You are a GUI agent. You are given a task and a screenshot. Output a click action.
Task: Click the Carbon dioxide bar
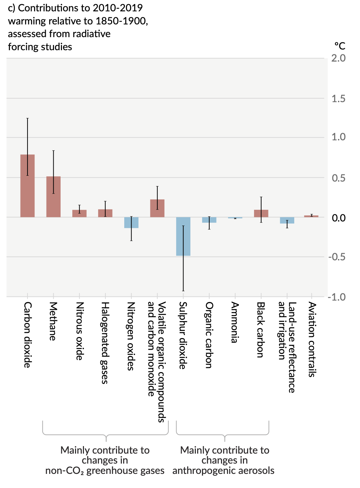[28, 186]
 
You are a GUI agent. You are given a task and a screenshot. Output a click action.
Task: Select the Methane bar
[53, 197]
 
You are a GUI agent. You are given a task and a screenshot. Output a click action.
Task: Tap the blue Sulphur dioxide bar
[183, 236]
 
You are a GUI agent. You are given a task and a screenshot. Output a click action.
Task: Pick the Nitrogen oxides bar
[131, 223]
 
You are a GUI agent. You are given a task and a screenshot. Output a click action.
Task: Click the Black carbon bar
[261, 214]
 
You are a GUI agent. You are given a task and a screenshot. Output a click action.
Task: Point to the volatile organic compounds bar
[157, 208]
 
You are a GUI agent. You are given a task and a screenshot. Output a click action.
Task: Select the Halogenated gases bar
[105, 213]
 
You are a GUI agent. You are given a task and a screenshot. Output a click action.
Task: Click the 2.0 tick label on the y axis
[338, 58]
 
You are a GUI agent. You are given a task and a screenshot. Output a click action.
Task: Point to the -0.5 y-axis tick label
[337, 257]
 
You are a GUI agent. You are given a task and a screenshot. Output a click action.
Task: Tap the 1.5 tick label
[338, 99]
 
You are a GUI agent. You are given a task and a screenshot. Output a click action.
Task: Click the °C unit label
[340, 46]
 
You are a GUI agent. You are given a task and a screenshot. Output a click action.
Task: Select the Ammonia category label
[235, 323]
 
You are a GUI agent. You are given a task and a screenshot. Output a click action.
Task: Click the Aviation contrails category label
[312, 339]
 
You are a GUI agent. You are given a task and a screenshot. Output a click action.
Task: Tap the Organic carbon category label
[209, 335]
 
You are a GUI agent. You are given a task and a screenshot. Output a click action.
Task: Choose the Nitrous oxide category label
[80, 331]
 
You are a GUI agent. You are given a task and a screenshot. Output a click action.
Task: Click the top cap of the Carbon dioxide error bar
[28, 118]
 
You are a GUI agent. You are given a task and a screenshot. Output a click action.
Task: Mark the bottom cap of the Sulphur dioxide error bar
[183, 291]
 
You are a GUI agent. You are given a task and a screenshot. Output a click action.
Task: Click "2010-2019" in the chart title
[118, 8]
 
